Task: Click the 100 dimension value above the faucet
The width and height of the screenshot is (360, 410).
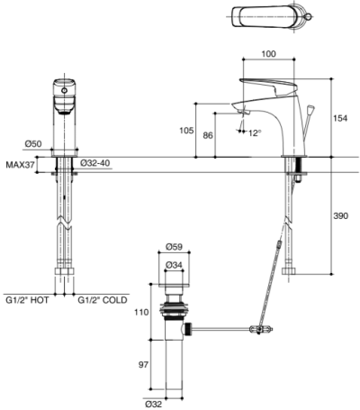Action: point(268,54)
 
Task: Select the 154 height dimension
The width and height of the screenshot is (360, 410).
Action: point(340,118)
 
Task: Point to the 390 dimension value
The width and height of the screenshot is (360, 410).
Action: point(340,215)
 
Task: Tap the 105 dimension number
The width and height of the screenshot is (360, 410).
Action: point(186,131)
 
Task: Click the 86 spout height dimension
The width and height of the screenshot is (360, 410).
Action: point(208,135)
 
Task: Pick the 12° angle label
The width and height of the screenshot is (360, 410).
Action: point(256,133)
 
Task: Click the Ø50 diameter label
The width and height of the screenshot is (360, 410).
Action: point(33,144)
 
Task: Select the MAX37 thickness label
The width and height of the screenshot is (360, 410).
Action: point(21,165)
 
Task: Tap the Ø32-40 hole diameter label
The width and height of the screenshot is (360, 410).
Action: point(95,163)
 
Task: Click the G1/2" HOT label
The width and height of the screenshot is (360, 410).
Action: point(27,300)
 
